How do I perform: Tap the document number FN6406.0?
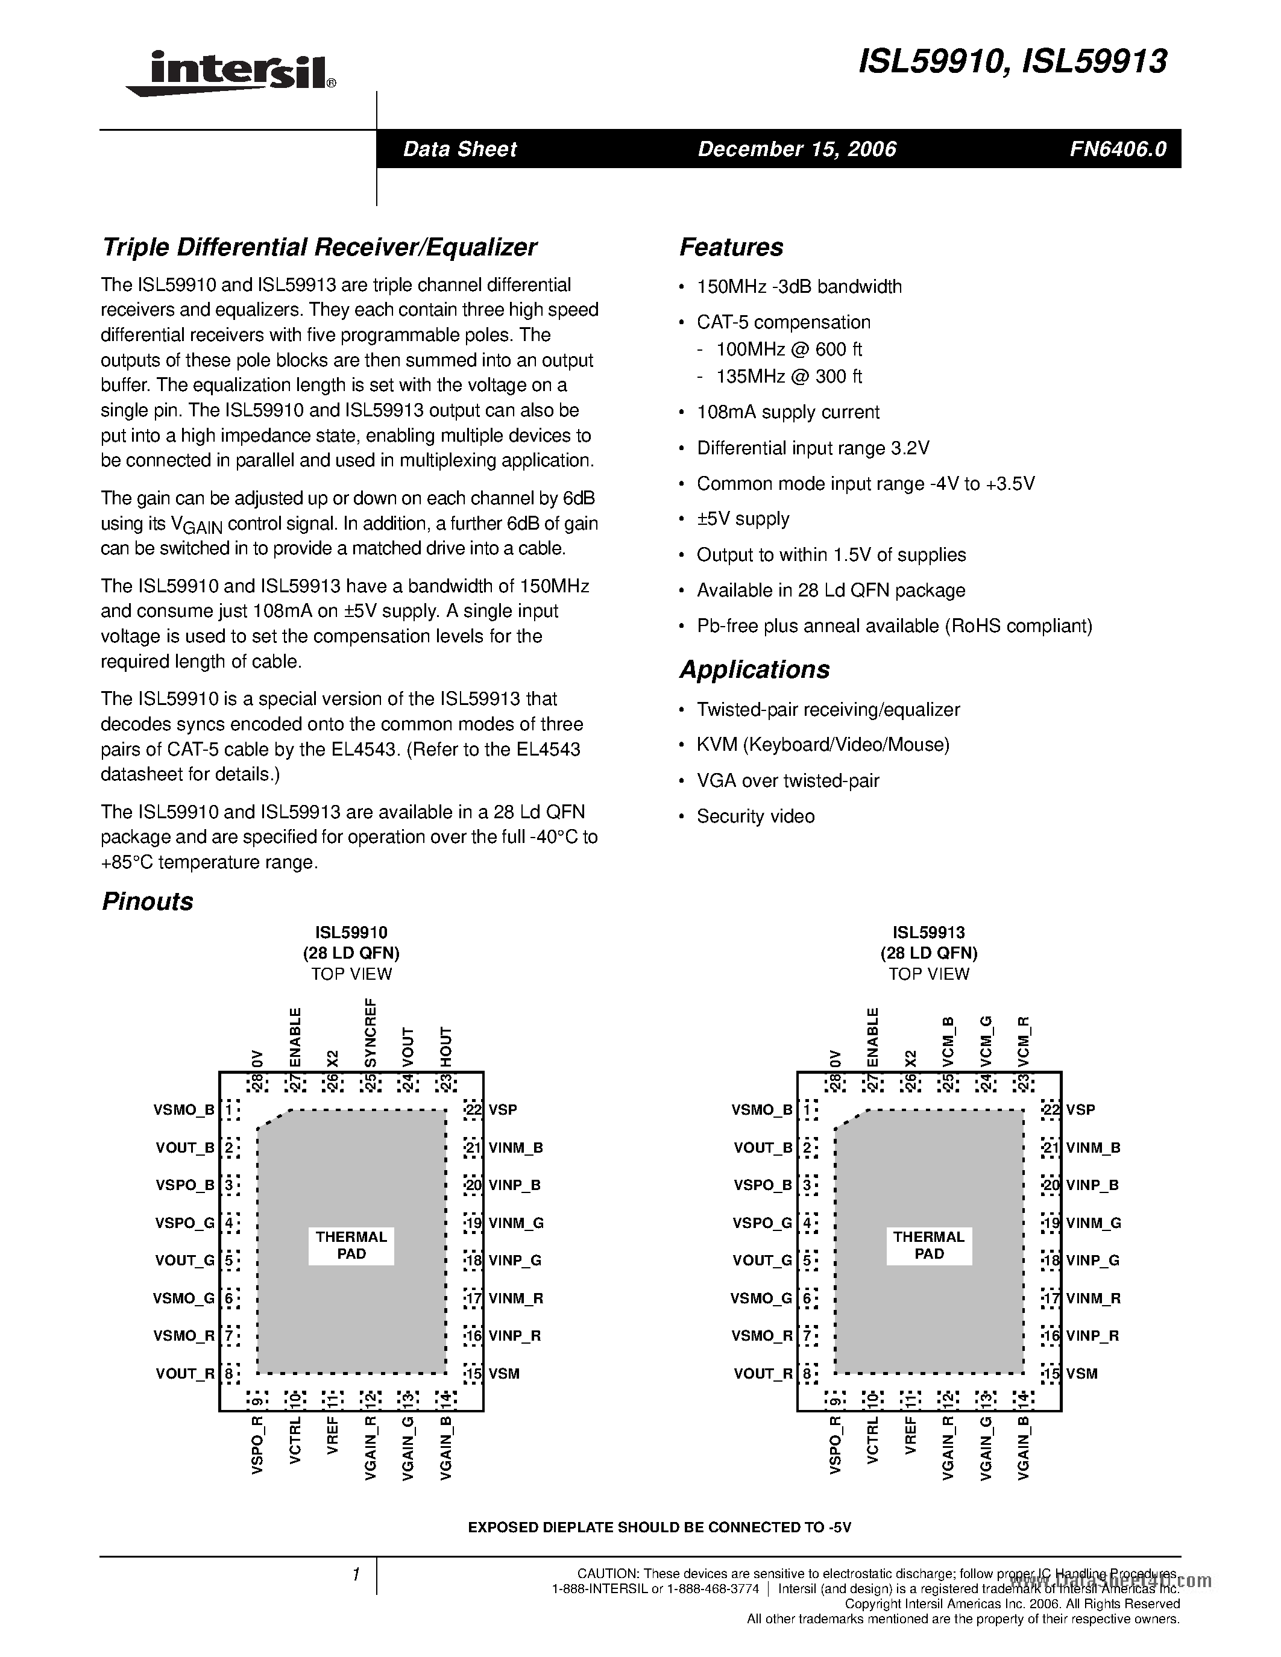(1118, 149)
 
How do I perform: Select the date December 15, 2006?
(797, 149)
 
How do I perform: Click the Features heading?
(731, 247)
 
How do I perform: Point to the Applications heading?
(754, 669)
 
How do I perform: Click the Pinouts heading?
(147, 901)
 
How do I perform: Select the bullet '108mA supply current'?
(788, 412)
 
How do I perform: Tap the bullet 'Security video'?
(755, 816)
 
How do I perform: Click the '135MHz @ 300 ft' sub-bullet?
(788, 377)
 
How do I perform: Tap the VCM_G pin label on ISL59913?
(986, 1041)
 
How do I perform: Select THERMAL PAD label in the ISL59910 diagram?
(351, 1245)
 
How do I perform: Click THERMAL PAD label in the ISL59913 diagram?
(929, 1245)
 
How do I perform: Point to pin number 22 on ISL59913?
(1051, 1109)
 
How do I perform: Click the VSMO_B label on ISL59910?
(184, 1110)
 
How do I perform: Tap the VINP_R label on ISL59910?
(515, 1335)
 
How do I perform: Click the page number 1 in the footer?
(355, 1575)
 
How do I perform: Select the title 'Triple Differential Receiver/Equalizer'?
(319, 247)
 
